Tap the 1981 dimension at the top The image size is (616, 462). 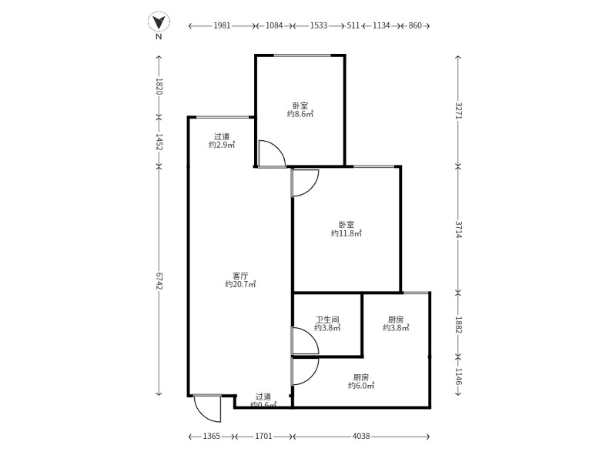pyautogui.click(x=223, y=25)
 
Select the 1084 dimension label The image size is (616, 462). pyautogui.click(x=274, y=25)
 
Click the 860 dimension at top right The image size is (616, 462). pyautogui.click(x=414, y=25)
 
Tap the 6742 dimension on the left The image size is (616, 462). pyautogui.click(x=159, y=281)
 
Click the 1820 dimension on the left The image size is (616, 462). pyautogui.click(x=159, y=85)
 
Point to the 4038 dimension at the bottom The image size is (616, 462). pyautogui.click(x=361, y=437)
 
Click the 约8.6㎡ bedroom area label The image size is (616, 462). pyautogui.click(x=300, y=114)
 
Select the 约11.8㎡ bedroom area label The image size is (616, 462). pyautogui.click(x=346, y=233)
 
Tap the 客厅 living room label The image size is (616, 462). pyautogui.click(x=240, y=275)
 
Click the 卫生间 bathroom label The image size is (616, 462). pyautogui.click(x=327, y=320)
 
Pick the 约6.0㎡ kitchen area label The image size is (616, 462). pyautogui.click(x=360, y=386)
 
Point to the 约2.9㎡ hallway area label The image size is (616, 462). pyautogui.click(x=222, y=144)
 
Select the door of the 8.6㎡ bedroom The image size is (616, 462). pyautogui.click(x=271, y=154)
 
